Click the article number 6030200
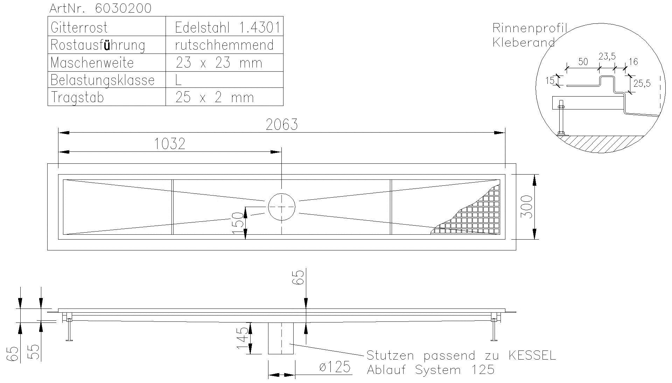123,8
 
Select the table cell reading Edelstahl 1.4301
227,28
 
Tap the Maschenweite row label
92,63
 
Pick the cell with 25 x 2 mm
215,97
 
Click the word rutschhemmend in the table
224,45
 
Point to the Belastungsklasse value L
178,80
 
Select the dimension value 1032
170,144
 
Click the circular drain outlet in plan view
281,207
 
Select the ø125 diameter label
335,367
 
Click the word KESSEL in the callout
532,355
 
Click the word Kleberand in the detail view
523,42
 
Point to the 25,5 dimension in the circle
642,83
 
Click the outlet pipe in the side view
281,338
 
